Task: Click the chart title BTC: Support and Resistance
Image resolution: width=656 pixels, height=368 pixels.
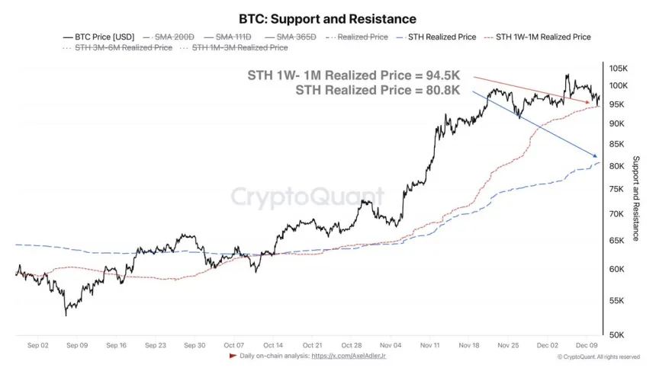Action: (327, 18)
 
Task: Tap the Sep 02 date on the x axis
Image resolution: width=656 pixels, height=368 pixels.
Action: (37, 345)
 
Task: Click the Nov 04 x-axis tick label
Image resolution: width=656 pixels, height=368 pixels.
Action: (390, 345)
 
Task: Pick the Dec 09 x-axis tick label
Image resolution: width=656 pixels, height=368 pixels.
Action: (587, 345)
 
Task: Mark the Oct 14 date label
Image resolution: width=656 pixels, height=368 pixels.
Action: (272, 345)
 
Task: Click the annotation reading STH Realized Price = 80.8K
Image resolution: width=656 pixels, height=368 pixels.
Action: (378, 91)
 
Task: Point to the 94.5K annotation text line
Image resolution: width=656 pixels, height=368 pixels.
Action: (354, 76)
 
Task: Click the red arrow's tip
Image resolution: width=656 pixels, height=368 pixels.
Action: (590, 102)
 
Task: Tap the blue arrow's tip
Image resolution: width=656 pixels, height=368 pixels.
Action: (597, 156)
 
